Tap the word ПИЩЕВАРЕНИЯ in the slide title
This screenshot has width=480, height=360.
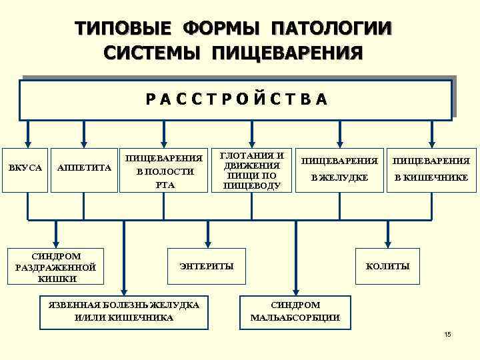pos(287,52)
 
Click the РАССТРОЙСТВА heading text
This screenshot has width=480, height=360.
pos(237,99)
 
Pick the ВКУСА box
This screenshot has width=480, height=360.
pos(26,168)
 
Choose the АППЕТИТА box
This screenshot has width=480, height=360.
pos(83,168)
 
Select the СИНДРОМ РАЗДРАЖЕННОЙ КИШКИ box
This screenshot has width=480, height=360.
pos(56,267)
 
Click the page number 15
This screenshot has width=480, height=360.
pos(447,334)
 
